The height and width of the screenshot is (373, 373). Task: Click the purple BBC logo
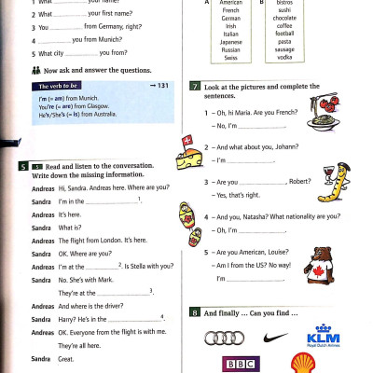coord(240,365)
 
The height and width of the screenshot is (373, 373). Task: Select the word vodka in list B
coord(284,58)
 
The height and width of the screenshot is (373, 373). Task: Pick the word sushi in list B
coord(284,10)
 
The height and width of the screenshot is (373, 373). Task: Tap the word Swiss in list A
coord(230,58)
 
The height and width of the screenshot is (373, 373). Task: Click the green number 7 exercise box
coord(194,86)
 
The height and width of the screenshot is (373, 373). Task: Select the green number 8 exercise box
coord(194,311)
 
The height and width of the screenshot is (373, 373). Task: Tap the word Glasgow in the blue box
coord(89,105)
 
